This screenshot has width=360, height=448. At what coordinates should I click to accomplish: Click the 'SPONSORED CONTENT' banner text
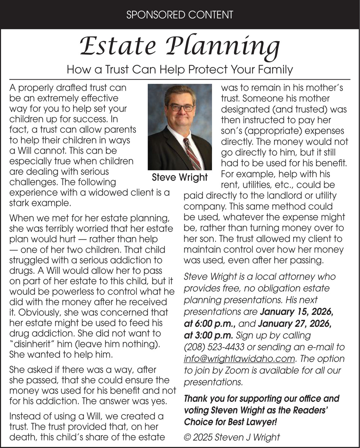[180, 15]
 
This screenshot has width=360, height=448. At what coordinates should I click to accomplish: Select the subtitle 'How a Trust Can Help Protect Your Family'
[180, 69]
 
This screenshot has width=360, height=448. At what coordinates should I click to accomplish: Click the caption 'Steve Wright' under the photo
[180, 177]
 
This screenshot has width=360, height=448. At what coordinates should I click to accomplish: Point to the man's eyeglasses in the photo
[181, 107]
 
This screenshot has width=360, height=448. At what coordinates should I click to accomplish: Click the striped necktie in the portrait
[193, 153]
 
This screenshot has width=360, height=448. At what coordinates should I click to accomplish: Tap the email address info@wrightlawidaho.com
[239, 359]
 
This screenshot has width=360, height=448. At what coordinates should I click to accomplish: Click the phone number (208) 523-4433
[214, 347]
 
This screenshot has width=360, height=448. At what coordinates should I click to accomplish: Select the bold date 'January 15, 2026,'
[296, 312]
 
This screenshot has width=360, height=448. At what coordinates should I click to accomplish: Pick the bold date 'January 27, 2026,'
[294, 323]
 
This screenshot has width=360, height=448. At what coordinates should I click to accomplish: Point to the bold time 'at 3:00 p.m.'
[208, 335]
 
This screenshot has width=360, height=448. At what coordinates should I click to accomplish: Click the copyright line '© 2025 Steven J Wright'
[231, 437]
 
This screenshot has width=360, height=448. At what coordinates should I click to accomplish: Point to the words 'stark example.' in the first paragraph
[40, 203]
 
